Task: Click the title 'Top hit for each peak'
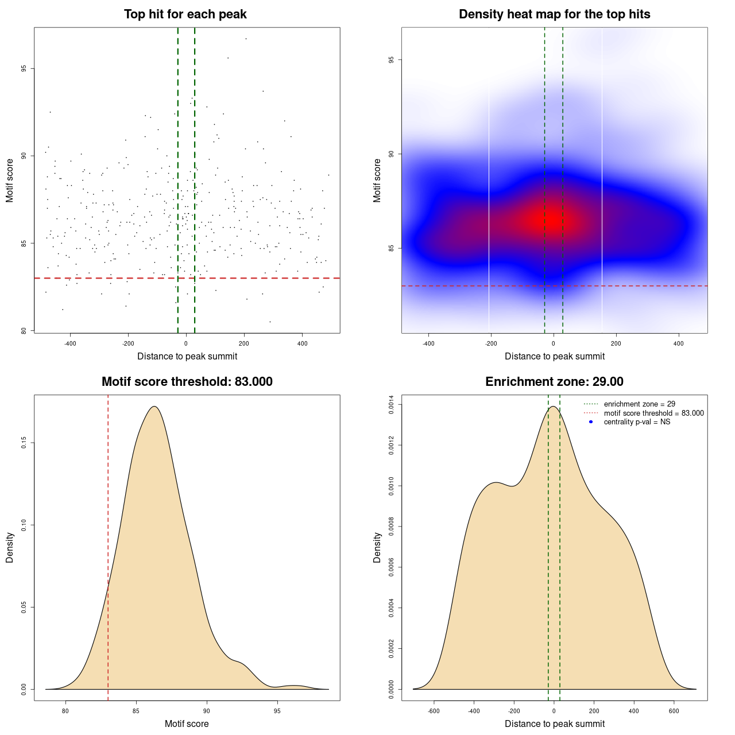click(185, 14)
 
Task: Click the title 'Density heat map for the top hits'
click(554, 14)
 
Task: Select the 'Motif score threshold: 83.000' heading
click(187, 382)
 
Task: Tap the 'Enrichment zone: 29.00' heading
click(554, 382)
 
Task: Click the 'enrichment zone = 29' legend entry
click(639, 404)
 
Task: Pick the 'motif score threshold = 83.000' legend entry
click(653, 413)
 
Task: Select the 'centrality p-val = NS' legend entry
click(637, 422)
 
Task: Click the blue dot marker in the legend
click(591, 422)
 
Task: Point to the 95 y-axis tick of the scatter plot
click(24, 68)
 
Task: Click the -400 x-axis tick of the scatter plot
click(70, 343)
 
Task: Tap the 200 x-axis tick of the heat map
click(616, 343)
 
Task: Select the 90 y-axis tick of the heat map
click(391, 154)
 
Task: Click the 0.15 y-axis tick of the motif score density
click(24, 443)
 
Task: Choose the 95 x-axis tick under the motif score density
click(277, 711)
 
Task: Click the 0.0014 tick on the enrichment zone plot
click(391, 405)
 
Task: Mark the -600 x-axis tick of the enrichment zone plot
click(434, 711)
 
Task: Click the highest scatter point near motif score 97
click(246, 38)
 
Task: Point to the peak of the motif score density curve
click(154, 407)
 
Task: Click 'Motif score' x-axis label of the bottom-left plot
click(187, 724)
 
